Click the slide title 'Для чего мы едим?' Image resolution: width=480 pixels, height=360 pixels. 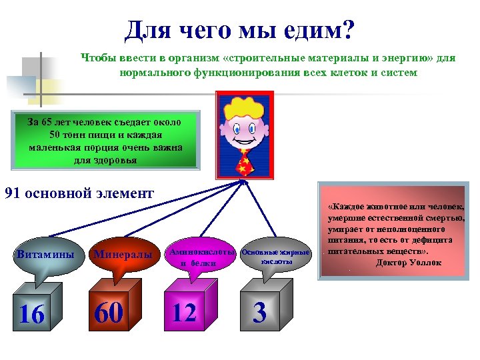pyautogui.click(x=240, y=30)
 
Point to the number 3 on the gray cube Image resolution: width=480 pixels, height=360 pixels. pyautogui.click(x=260, y=313)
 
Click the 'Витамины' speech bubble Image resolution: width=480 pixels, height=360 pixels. pyautogui.click(x=45, y=255)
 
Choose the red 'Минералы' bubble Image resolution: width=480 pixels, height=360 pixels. pyautogui.click(x=123, y=254)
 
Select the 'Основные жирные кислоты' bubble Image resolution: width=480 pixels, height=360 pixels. pyautogui.click(x=276, y=257)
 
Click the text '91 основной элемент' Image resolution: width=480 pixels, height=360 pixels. pyautogui.click(x=79, y=194)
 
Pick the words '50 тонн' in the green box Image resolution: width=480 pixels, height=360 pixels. pyautogui.click(x=75, y=135)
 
